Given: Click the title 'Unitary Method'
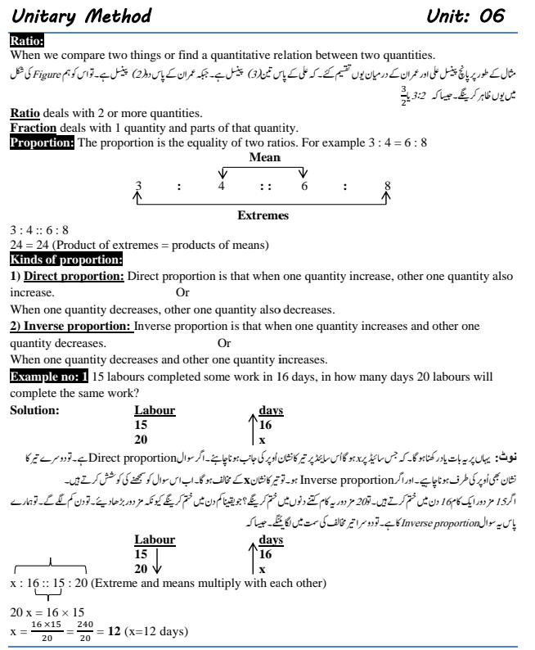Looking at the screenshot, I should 82,16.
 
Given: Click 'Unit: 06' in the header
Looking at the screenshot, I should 465,16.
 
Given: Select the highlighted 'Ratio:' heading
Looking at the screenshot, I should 27,41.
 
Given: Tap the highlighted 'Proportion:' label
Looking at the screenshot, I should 42,143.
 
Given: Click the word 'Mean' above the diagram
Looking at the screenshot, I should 263,157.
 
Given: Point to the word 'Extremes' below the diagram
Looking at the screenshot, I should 263,215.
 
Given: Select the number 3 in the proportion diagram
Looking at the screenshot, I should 138,187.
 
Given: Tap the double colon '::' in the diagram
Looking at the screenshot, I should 264,187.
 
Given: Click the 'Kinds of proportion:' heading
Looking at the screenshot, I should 65,260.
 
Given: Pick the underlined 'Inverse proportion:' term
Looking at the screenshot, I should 77,326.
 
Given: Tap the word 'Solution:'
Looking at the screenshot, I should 34,409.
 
